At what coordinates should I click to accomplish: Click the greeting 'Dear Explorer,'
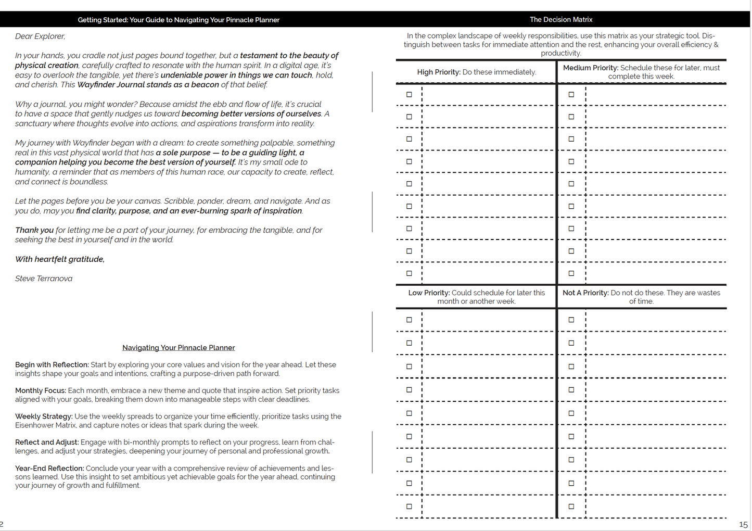click(40, 36)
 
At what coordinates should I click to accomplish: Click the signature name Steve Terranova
click(44, 279)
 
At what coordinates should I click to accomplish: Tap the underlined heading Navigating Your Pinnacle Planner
click(179, 348)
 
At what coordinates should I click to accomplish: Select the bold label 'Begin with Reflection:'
click(52, 365)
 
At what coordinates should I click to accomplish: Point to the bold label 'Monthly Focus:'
click(41, 390)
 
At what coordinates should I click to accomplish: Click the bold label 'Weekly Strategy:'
click(44, 416)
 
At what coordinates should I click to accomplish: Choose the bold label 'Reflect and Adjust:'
click(47, 443)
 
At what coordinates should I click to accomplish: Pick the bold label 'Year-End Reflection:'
click(49, 469)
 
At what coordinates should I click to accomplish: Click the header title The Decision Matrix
click(561, 20)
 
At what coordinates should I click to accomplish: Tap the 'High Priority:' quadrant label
click(439, 72)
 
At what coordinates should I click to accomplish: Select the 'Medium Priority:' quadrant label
click(591, 68)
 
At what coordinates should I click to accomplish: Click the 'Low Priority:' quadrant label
click(429, 293)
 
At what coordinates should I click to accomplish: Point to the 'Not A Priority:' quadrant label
click(585, 293)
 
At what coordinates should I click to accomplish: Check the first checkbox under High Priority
click(409, 95)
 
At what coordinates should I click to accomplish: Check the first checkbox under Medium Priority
click(571, 95)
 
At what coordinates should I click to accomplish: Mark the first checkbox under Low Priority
click(409, 320)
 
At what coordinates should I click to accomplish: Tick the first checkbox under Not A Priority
click(571, 320)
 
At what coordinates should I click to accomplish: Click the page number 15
click(743, 525)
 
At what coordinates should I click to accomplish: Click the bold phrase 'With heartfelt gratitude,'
click(60, 259)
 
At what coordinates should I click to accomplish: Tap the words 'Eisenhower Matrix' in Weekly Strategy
click(45, 425)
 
